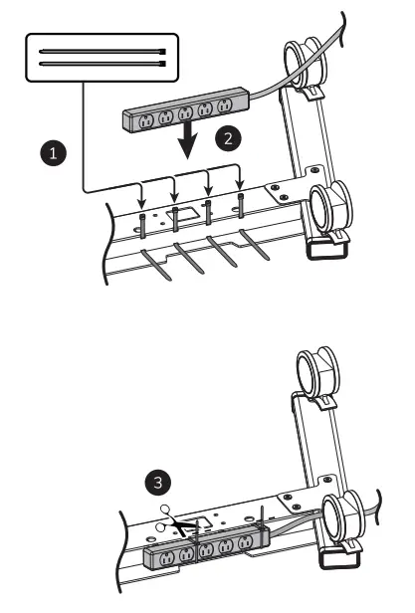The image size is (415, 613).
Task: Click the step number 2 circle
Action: tap(230, 139)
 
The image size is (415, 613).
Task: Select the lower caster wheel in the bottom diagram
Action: tap(343, 517)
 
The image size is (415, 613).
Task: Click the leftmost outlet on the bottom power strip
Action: tap(160, 556)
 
